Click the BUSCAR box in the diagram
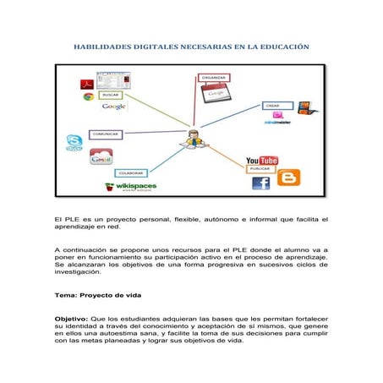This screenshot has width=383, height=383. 115,96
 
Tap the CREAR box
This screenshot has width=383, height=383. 272,105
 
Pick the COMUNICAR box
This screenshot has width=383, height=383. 106,134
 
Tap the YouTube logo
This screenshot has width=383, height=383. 262,160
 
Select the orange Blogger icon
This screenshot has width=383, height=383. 288,178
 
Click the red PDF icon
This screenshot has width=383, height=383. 85,83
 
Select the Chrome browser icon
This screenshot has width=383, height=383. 87,96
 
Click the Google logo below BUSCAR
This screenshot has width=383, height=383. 114,107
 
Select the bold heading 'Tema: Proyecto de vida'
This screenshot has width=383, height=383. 96,295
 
